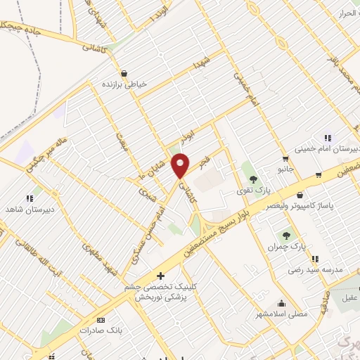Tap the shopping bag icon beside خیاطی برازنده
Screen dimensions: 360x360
(124, 73)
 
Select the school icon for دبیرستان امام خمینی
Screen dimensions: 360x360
(327, 138)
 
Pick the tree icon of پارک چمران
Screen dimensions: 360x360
(286, 236)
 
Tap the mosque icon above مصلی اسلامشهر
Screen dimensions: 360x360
(281, 304)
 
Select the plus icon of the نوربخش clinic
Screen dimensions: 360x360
(161, 275)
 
